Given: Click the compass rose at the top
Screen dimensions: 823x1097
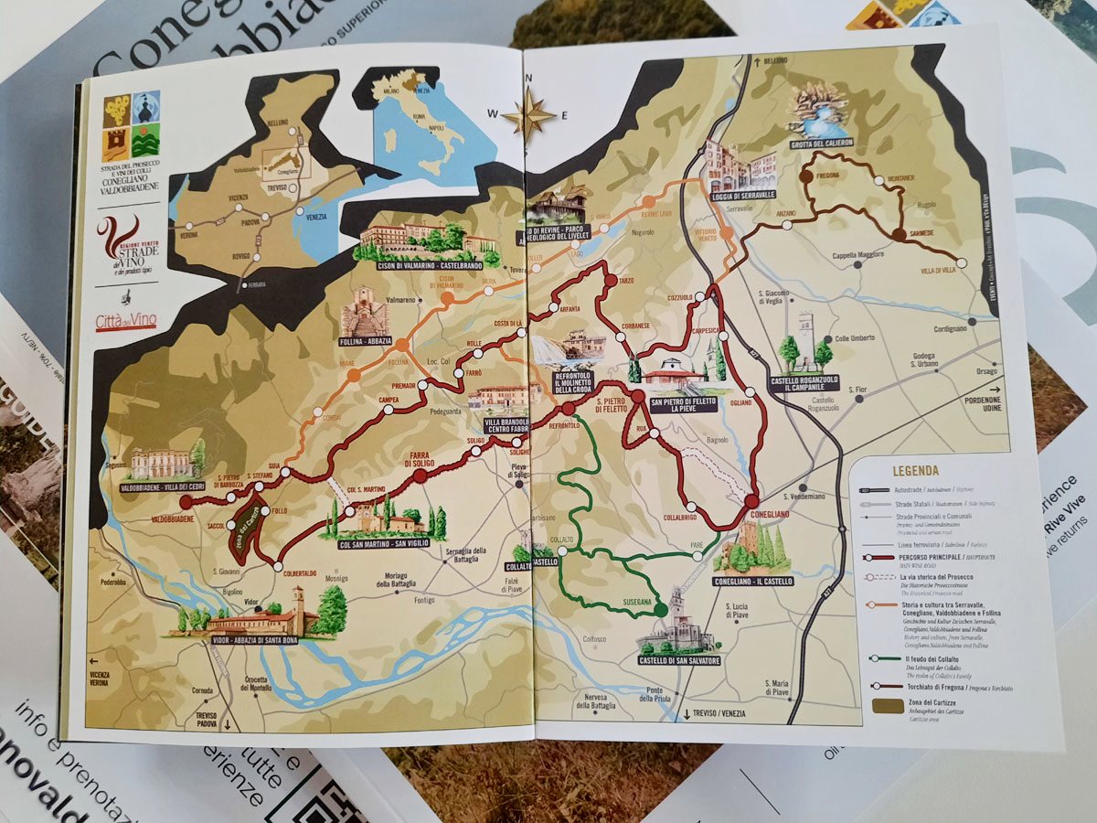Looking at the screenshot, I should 528,116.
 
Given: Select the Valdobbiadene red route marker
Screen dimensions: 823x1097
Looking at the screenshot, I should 186,502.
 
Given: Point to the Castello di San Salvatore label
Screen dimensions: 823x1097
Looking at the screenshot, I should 678,660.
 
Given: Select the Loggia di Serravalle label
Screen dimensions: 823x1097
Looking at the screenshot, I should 741,197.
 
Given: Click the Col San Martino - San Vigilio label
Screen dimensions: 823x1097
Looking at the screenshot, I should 383,546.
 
